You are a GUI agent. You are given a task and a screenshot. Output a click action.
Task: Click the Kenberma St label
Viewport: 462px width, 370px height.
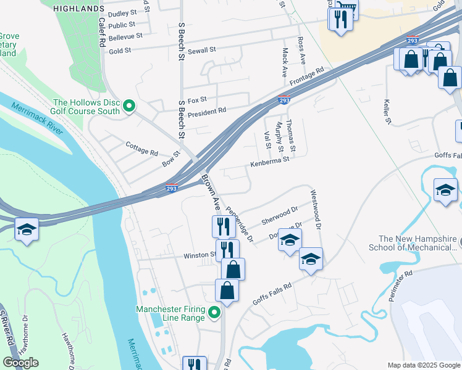(269, 162)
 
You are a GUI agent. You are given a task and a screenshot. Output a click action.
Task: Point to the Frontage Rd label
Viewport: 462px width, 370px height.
(306, 77)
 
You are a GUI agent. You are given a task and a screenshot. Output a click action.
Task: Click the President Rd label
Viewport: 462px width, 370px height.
(207, 110)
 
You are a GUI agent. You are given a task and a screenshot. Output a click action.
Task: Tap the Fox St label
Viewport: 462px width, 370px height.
(197, 99)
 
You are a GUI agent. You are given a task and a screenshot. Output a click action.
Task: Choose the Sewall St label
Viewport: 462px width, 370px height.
(201, 49)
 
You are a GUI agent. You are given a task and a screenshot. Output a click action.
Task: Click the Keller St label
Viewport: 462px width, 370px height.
(388, 111)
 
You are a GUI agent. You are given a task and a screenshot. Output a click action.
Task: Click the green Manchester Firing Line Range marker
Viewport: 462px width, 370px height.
(214, 313)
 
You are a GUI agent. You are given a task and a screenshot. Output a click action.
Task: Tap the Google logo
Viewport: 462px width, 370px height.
(20, 363)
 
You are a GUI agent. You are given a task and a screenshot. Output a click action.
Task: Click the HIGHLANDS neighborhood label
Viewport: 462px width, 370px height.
(78, 8)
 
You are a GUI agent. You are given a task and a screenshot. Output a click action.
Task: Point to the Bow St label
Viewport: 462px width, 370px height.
(170, 158)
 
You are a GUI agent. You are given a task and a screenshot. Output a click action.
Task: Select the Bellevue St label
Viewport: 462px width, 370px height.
(125, 36)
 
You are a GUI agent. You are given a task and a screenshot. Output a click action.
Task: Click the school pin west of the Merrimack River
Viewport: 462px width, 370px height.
(27, 231)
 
